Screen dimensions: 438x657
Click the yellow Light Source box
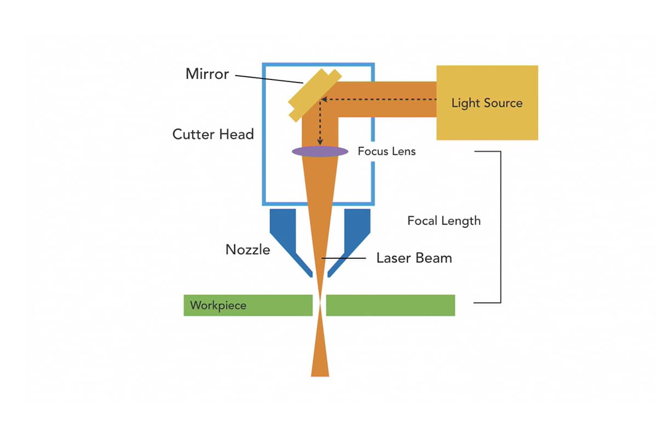click(487, 103)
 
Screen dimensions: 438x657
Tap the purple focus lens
click(320, 151)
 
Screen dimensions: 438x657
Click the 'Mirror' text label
click(207, 74)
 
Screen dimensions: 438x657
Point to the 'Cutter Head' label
click(213, 134)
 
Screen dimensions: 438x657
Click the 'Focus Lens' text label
click(387, 151)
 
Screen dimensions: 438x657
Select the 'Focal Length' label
click(444, 221)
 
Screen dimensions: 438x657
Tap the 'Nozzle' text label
click(247, 250)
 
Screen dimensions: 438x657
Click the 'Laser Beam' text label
click(414, 258)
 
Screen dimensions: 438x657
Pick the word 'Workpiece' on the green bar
click(218, 306)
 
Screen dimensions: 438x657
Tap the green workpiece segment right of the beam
click(390, 306)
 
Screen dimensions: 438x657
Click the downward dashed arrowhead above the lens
click(320, 142)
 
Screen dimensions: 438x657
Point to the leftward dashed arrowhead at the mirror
click(324, 100)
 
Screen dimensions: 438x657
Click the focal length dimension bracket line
click(500, 227)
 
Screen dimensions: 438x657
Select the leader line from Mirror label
click(268, 78)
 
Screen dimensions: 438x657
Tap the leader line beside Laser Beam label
click(344, 258)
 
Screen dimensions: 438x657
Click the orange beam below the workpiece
click(320, 356)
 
